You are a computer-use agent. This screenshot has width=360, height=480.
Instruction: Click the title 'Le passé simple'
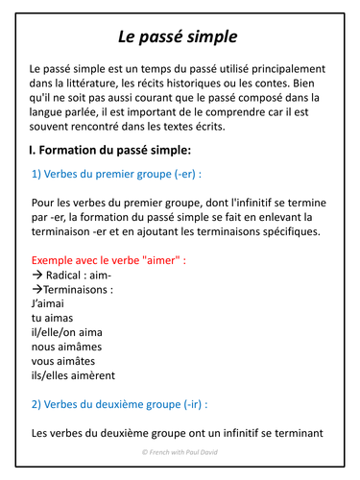tap(178, 37)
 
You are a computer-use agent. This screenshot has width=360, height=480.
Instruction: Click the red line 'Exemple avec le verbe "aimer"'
tap(108, 260)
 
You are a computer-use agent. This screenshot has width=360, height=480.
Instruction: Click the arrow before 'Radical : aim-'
tap(36, 275)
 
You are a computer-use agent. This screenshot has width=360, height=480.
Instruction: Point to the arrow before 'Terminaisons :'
tap(36, 289)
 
